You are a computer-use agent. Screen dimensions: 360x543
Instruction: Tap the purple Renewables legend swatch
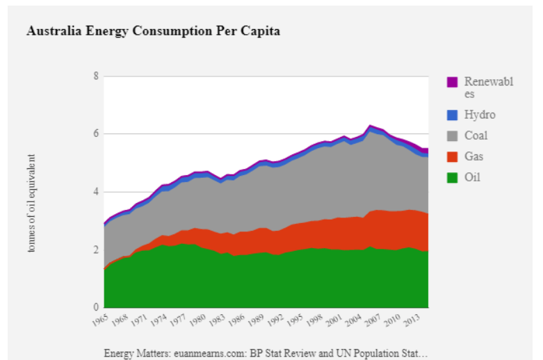click(452, 82)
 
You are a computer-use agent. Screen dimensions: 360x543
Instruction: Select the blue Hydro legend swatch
click(452, 115)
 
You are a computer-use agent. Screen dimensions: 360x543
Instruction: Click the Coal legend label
click(476, 136)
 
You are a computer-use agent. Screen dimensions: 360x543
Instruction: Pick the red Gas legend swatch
click(452, 156)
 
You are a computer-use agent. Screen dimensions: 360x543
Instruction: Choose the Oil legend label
click(472, 177)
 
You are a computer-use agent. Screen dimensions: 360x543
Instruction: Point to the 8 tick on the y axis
click(95, 76)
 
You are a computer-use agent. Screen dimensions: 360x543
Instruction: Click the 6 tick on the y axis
click(95, 133)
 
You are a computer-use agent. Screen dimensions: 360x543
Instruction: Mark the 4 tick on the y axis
click(95, 192)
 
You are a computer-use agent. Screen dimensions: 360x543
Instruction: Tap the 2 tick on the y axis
click(95, 249)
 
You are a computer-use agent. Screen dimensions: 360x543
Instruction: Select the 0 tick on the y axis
click(95, 307)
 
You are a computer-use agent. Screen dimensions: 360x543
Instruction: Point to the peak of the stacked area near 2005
click(371, 126)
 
